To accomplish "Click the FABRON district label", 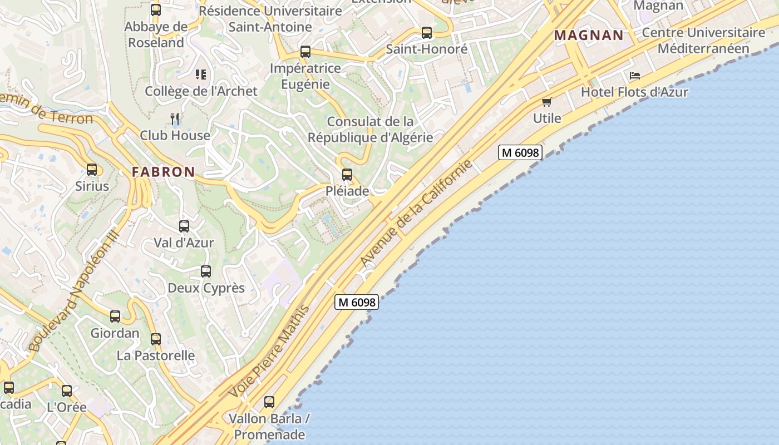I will (x=164, y=172).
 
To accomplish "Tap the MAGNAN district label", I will (x=589, y=36).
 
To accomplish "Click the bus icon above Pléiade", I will (x=347, y=175).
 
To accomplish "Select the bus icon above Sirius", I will (x=92, y=170).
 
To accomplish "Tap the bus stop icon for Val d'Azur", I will (x=184, y=226).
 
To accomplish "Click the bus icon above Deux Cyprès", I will (x=206, y=271).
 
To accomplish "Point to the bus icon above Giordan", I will (x=115, y=317).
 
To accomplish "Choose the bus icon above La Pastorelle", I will (x=156, y=339).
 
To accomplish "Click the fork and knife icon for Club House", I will (x=175, y=118).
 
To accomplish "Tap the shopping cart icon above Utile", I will (x=546, y=102).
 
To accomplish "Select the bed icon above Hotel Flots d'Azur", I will (x=635, y=75).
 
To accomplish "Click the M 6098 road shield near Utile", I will (x=520, y=152).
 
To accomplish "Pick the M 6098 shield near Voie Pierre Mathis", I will (x=357, y=302).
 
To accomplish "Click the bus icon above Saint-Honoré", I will (x=427, y=33).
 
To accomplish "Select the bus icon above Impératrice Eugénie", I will (x=305, y=52).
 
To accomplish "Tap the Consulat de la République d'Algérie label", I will (x=370, y=129).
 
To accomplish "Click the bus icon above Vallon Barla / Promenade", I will (x=269, y=402).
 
